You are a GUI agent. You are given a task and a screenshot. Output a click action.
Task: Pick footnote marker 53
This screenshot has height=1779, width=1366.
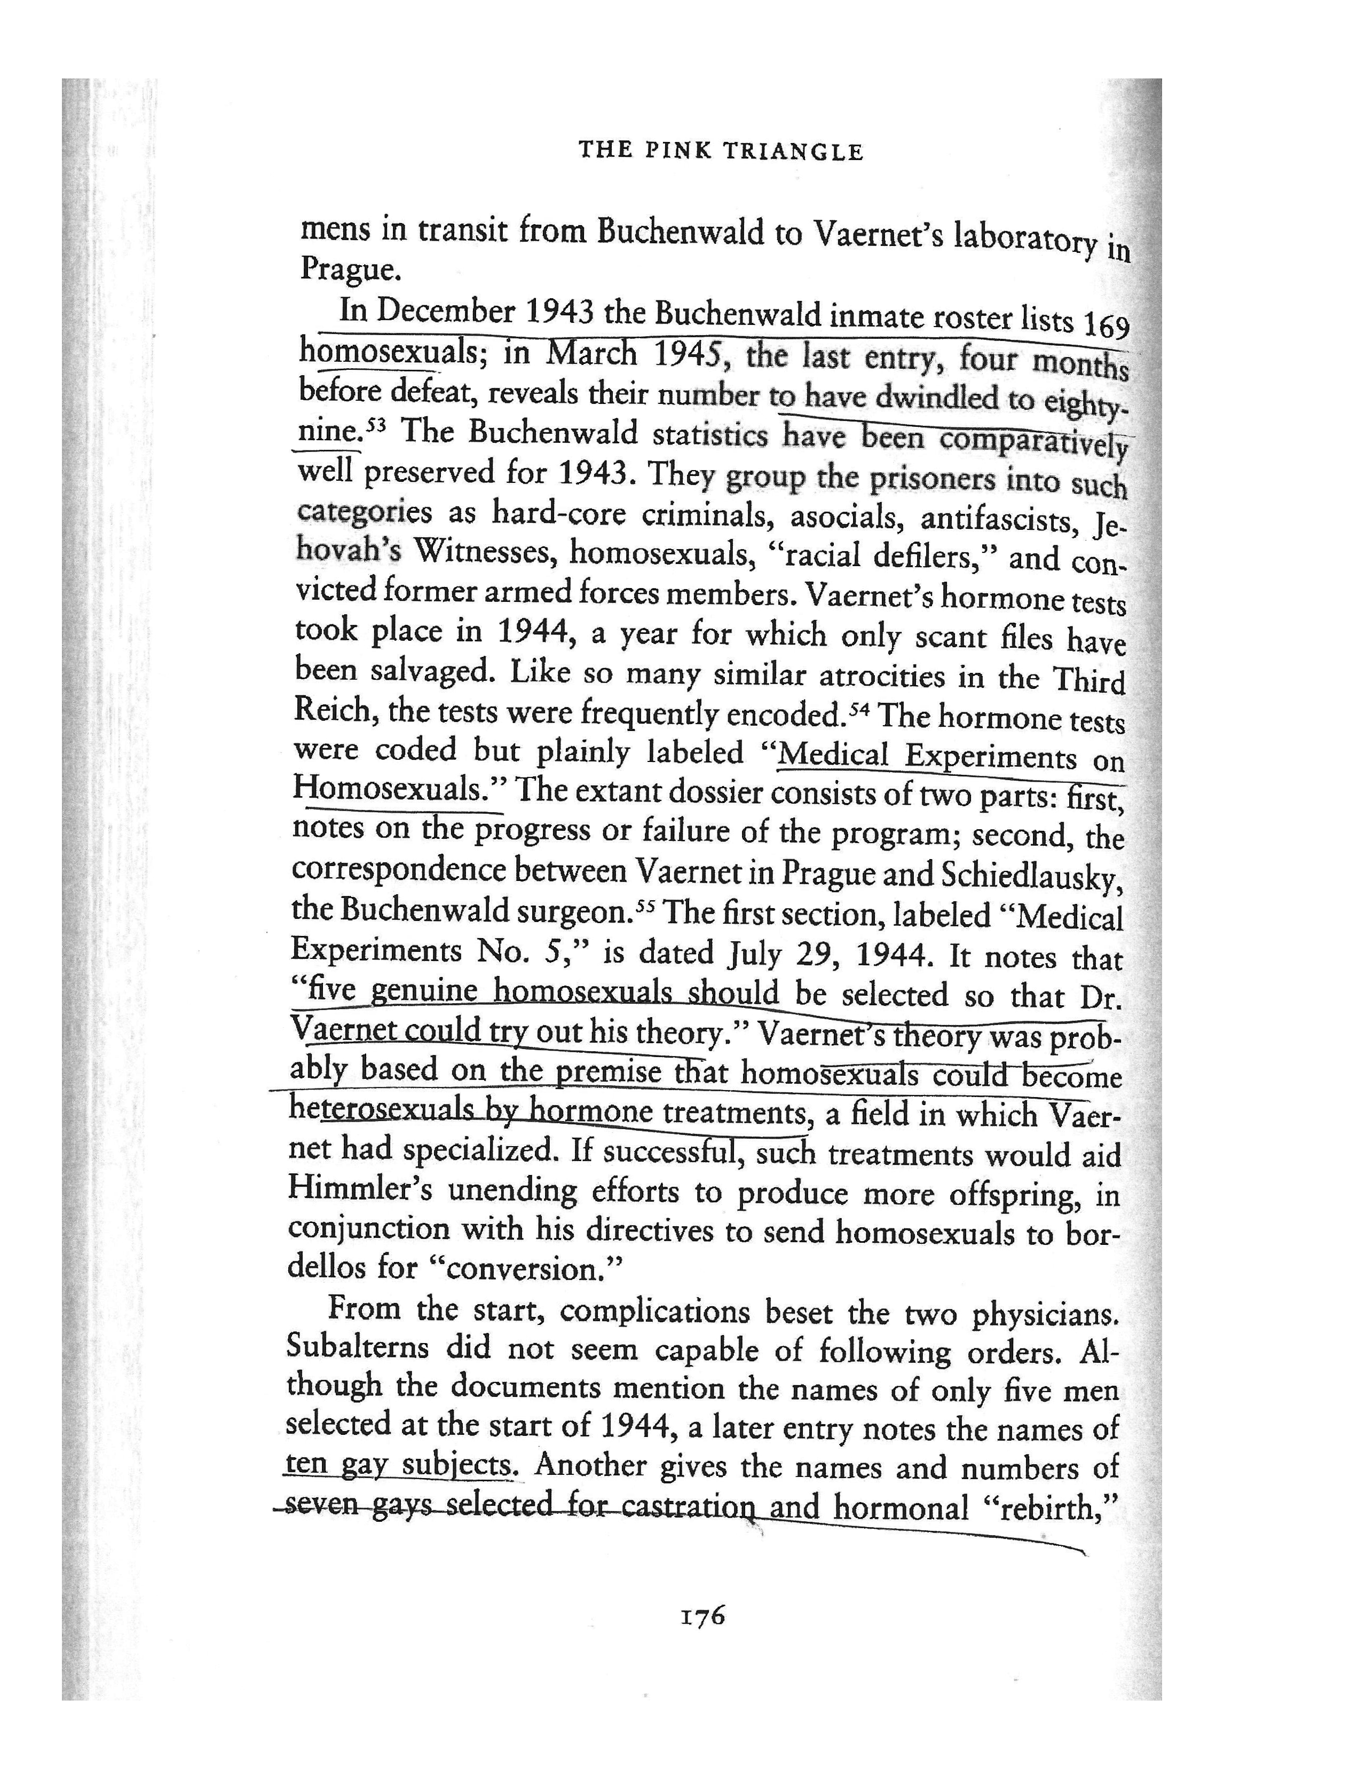[x=376, y=424]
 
